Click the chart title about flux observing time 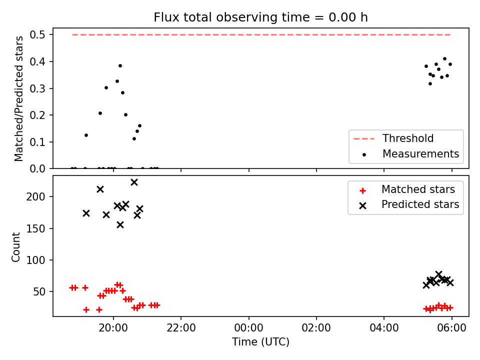tap(260, 17)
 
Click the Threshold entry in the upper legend tap(393, 138)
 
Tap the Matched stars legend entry tap(407, 189)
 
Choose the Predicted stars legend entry tap(409, 204)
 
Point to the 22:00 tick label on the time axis tap(181, 328)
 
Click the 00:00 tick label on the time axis tap(249, 328)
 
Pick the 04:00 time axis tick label tap(384, 328)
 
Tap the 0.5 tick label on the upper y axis tap(37, 35)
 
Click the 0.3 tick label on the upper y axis tap(37, 88)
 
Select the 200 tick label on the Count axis tap(35, 196)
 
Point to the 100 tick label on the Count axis tap(35, 260)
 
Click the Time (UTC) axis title tap(260, 341)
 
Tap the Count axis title tap(15, 247)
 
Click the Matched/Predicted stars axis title tap(18, 98)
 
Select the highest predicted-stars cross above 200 tap(134, 182)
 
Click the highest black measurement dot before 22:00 tap(120, 66)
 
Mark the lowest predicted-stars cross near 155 tap(120, 225)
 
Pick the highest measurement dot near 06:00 tap(445, 59)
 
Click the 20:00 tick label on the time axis tap(113, 328)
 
